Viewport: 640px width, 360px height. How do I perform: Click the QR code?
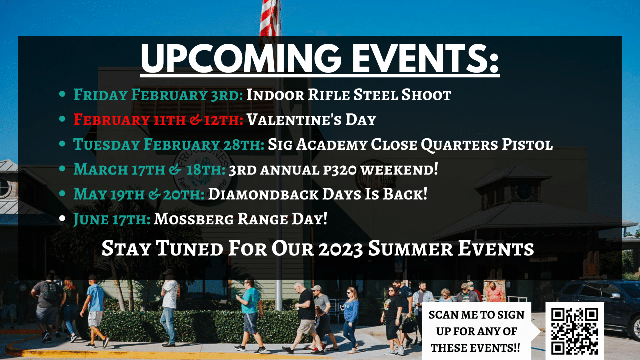(575, 331)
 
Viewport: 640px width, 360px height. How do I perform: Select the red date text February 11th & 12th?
(158, 120)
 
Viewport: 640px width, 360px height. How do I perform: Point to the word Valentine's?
(294, 119)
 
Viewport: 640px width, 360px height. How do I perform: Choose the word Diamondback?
(263, 194)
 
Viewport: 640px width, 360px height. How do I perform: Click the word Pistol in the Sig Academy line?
(527, 144)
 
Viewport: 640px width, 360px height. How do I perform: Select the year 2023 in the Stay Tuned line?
(341, 249)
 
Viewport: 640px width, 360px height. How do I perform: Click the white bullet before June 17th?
(62, 218)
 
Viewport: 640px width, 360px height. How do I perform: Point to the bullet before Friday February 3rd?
(62, 94)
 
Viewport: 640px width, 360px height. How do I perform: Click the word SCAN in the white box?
(444, 315)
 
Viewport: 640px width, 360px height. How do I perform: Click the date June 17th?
(112, 219)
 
